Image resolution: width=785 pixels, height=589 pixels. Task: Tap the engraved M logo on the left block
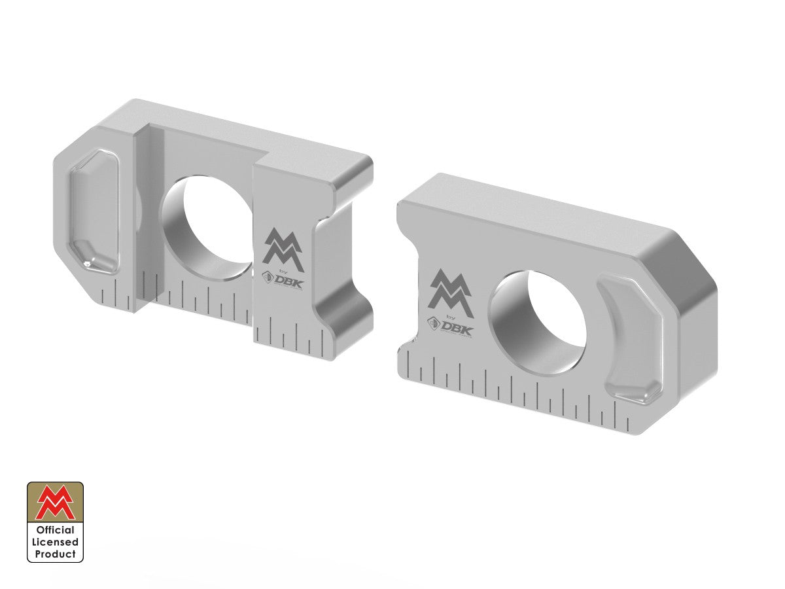pos(283,248)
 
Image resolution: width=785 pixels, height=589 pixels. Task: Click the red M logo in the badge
pos(55,503)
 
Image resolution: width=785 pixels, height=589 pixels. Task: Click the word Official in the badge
pos(55,530)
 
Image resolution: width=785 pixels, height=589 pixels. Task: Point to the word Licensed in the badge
pos(55,542)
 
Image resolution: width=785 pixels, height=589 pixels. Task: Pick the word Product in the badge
pos(55,554)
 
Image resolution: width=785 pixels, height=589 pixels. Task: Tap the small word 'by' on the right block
pos(449,315)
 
